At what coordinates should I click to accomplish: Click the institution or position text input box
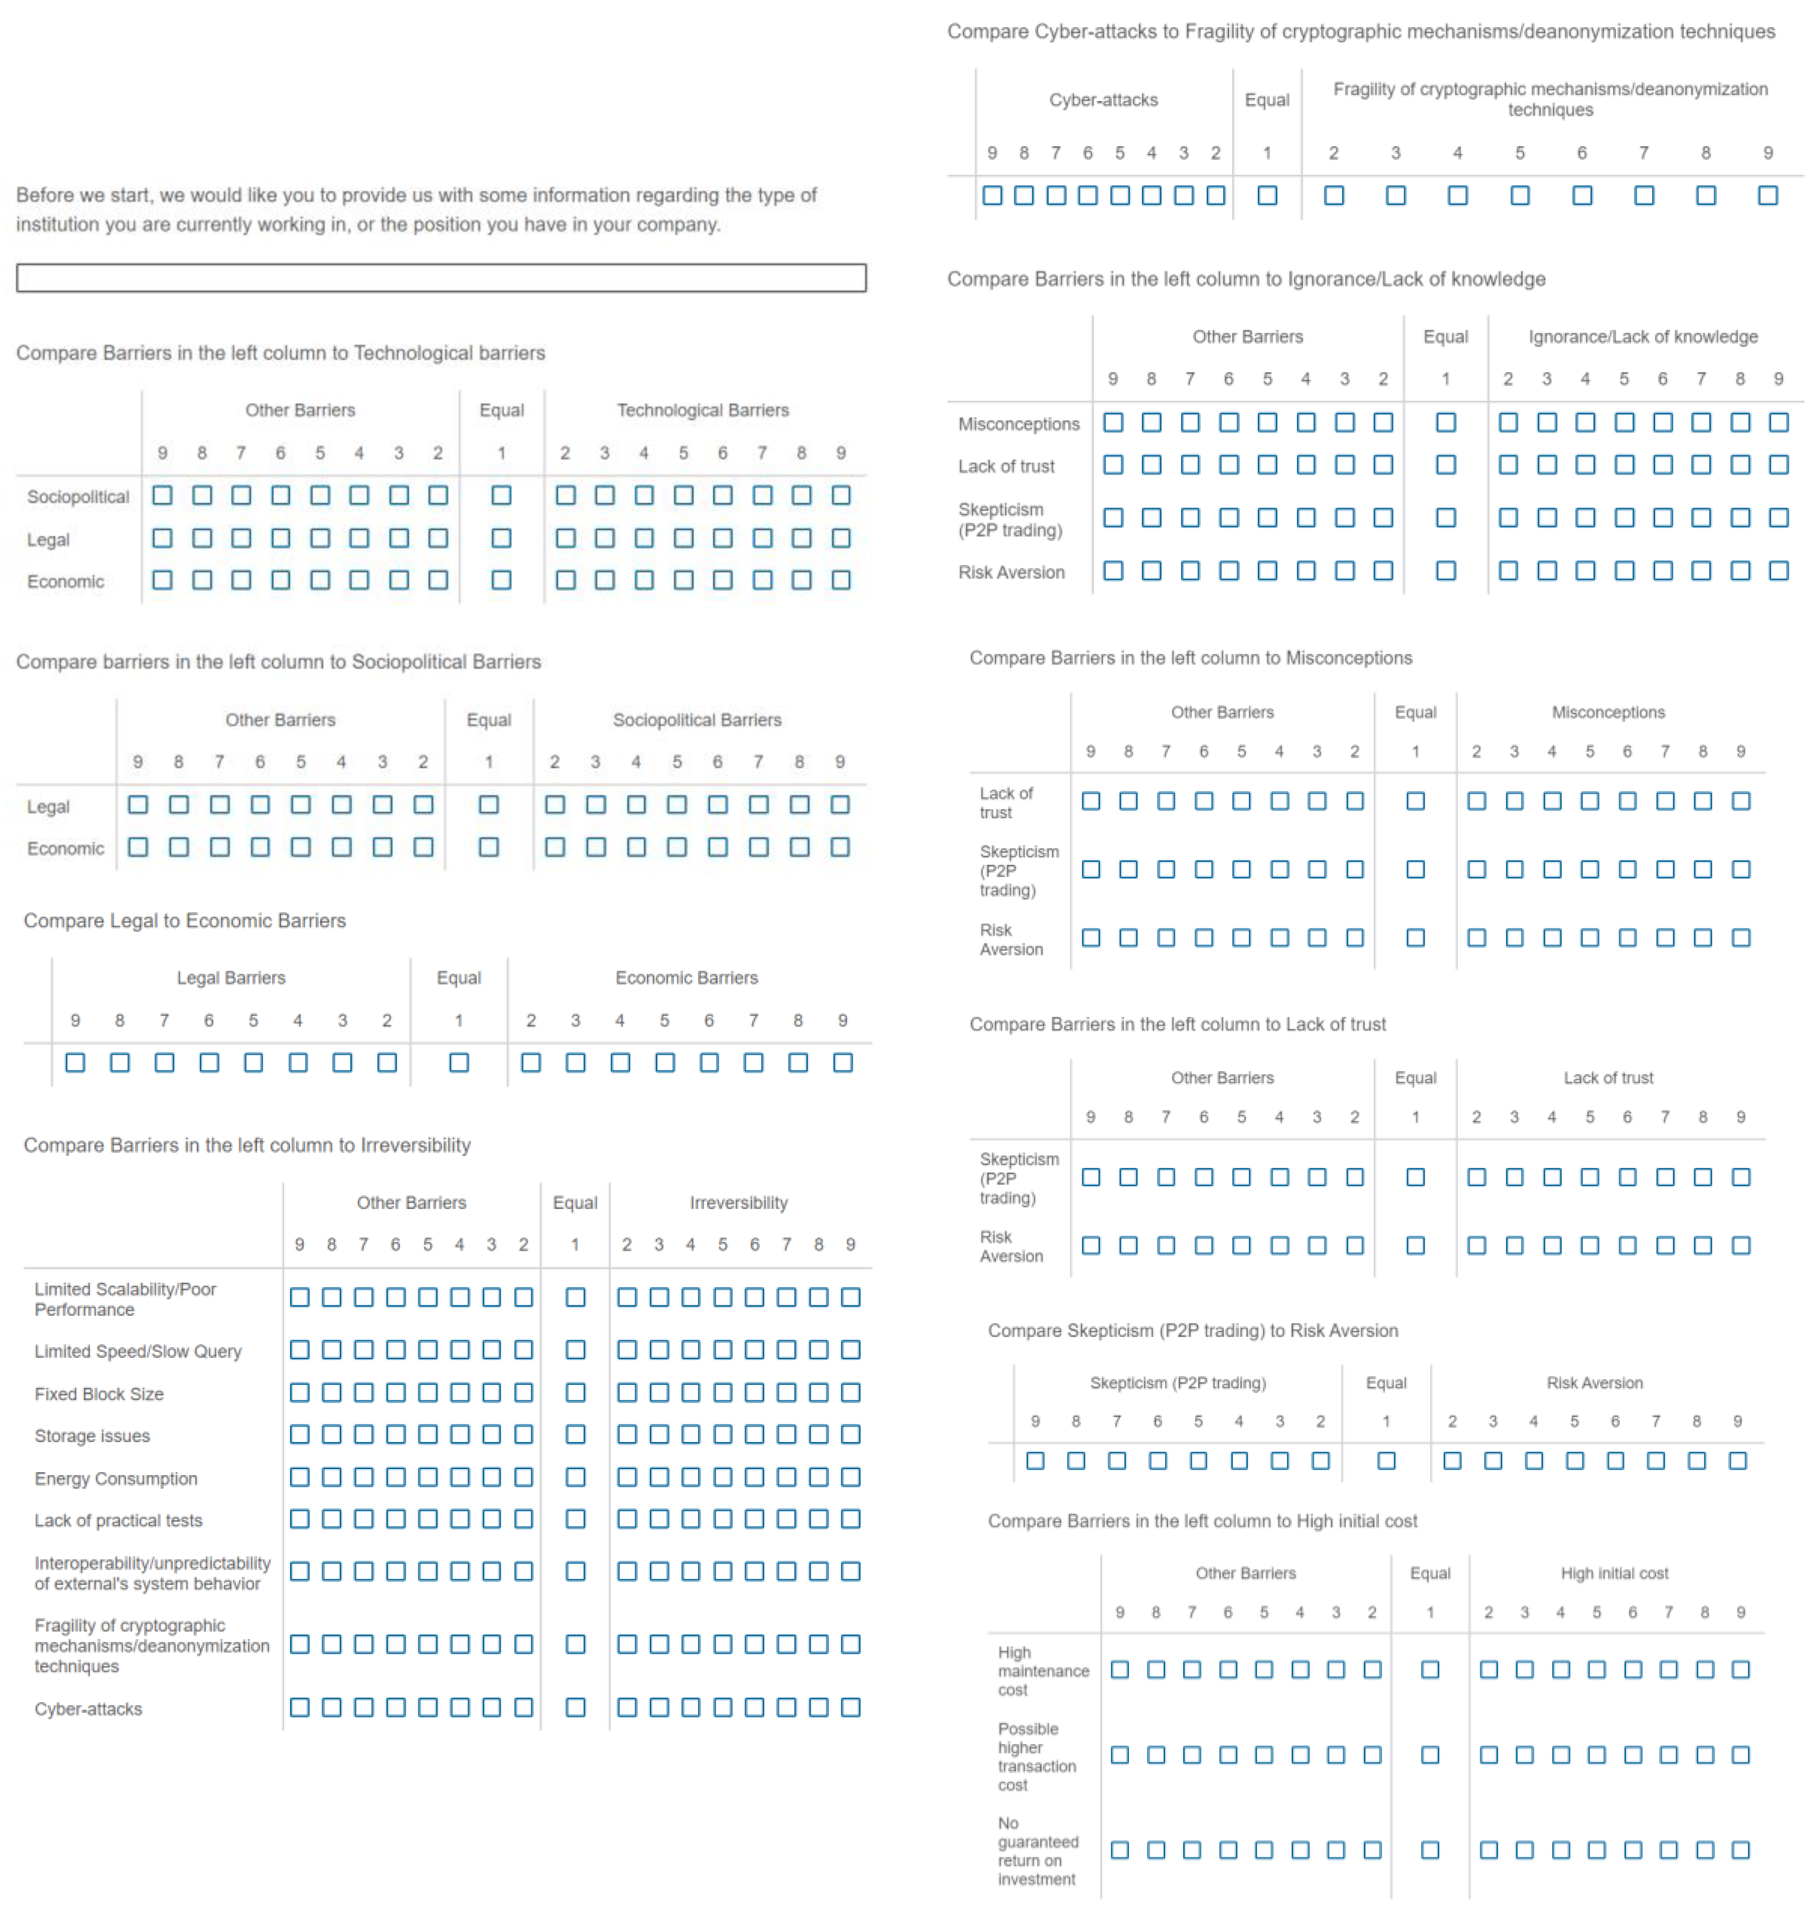point(440,278)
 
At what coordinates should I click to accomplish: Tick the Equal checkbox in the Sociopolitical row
point(501,496)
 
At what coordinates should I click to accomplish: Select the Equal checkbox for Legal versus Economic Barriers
point(459,1062)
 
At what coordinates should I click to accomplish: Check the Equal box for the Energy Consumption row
point(575,1477)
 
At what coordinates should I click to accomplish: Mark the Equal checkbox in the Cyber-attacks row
point(575,1708)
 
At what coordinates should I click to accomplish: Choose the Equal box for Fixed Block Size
point(575,1393)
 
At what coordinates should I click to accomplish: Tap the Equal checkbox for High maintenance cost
point(1430,1669)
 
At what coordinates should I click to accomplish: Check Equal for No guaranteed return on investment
point(1430,1850)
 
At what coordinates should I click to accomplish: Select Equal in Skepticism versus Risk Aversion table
point(1386,1461)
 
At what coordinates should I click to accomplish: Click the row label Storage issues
point(92,1436)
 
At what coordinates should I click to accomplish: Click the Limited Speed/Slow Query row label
point(137,1351)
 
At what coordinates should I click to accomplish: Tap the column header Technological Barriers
point(703,410)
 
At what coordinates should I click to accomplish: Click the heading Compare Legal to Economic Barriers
point(184,920)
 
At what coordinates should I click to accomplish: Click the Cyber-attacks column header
point(1103,100)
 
